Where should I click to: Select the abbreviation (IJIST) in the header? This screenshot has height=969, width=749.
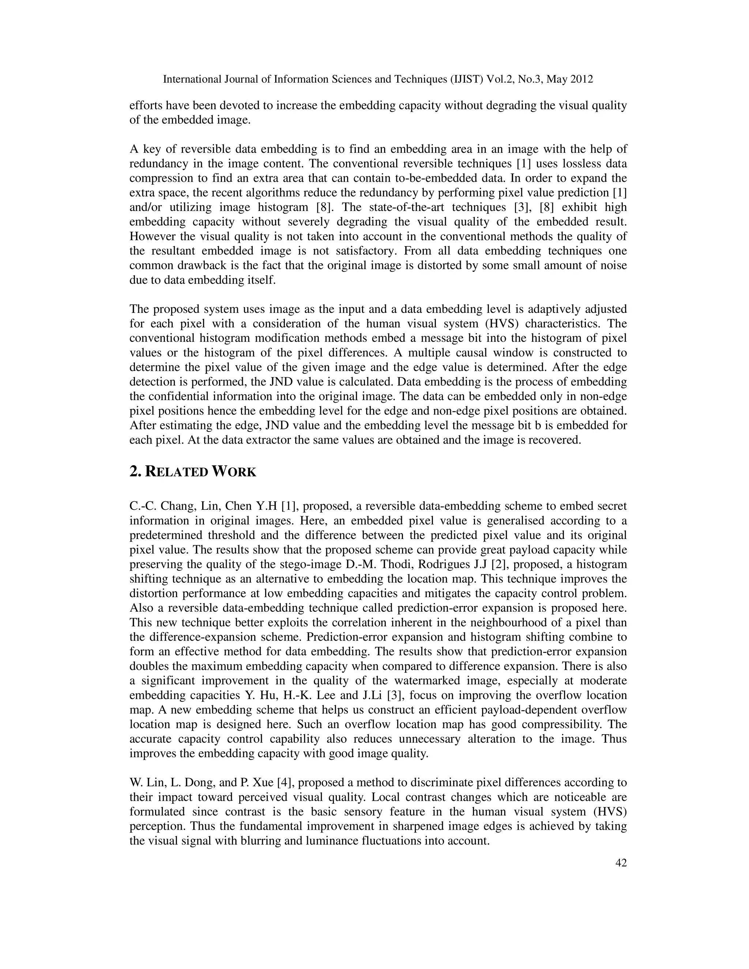462,79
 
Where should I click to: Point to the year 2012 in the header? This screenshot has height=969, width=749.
580,79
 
